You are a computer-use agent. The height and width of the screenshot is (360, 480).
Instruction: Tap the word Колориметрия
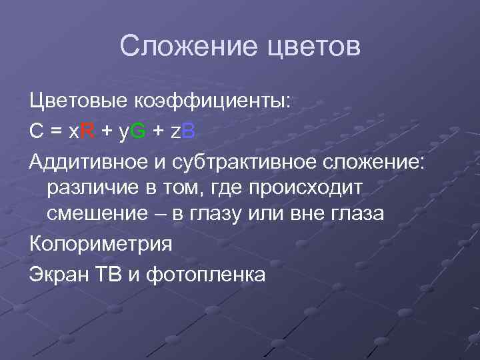coord(101,243)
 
